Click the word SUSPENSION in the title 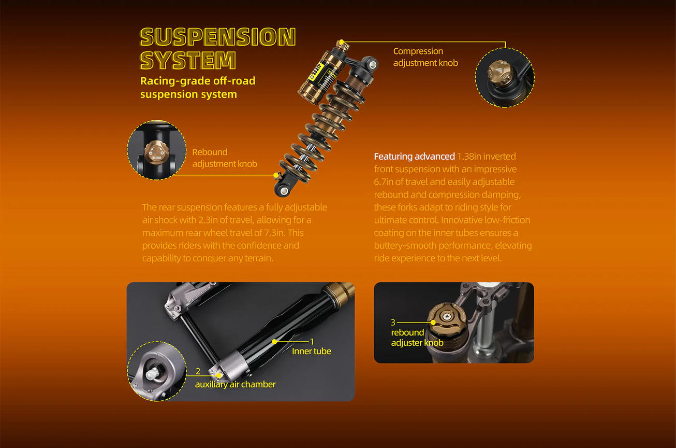[218, 37]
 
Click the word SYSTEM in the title [188, 60]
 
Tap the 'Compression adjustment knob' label [425, 57]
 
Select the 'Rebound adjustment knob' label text [225, 158]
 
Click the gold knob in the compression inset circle [500, 72]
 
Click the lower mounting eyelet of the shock [284, 191]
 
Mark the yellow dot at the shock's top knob [341, 41]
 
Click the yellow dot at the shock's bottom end [276, 175]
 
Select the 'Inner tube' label [312, 351]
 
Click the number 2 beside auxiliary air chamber [198, 371]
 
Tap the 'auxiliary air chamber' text [235, 385]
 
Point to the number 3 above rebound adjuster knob [393, 322]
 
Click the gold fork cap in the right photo [447, 318]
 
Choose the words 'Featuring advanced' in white [415, 156]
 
